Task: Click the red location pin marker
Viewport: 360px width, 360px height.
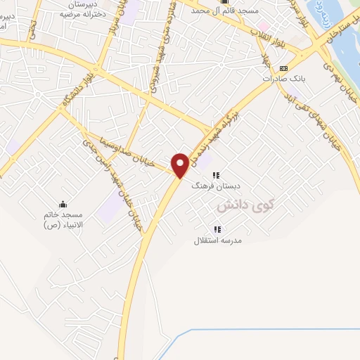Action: (181, 164)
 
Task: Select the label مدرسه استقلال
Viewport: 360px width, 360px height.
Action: (218, 240)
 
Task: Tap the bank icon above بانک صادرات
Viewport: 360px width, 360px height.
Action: (283, 68)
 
